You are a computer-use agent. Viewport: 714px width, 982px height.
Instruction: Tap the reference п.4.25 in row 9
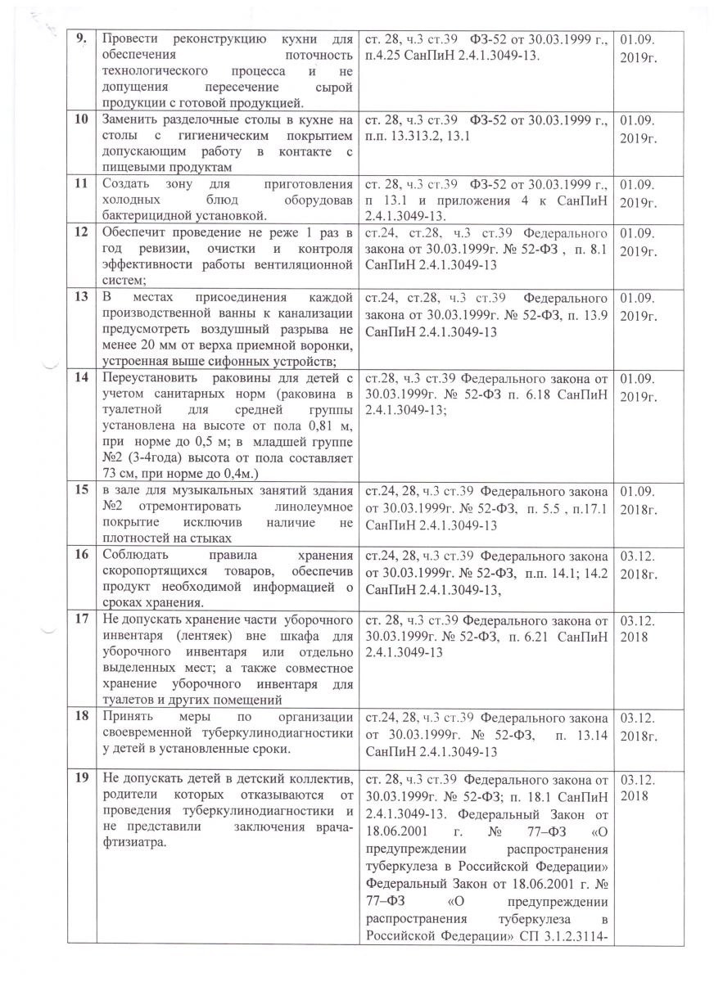[380, 54]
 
